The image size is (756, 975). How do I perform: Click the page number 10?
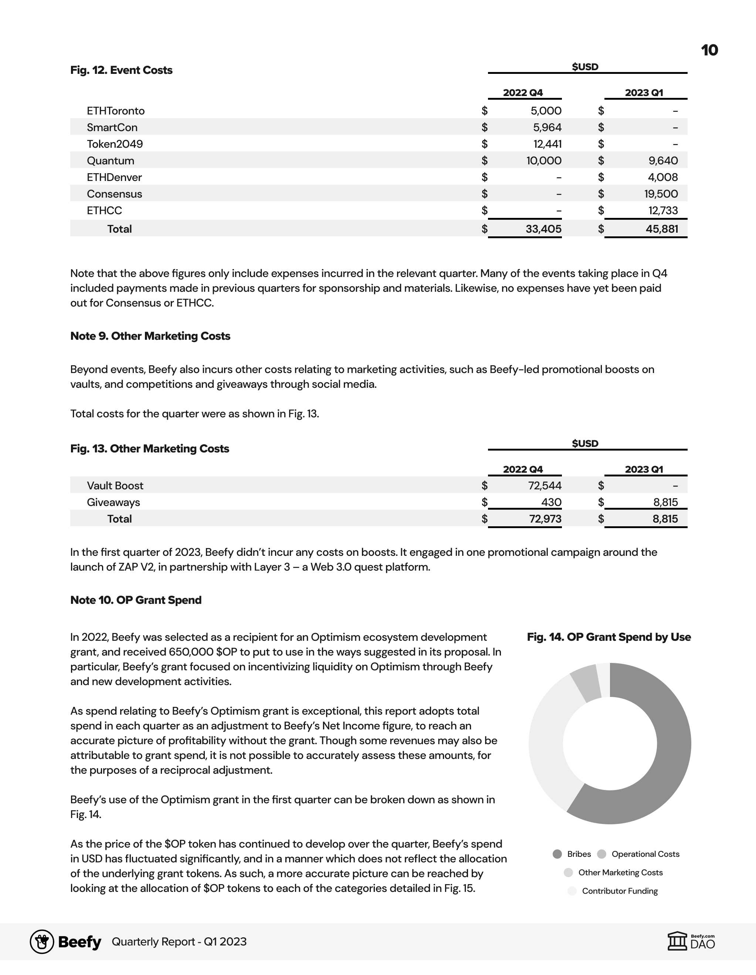(x=709, y=50)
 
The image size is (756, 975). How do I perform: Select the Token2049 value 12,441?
(x=547, y=144)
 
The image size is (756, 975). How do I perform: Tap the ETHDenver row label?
(x=114, y=177)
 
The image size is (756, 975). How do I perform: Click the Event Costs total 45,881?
(x=662, y=229)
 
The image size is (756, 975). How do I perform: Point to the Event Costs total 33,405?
(x=543, y=229)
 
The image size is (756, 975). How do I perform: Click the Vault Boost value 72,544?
(x=545, y=485)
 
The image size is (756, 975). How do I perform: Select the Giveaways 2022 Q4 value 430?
(x=551, y=502)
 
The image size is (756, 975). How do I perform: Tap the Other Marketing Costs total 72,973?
(x=545, y=519)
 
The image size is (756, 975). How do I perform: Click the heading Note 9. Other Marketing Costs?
(x=150, y=336)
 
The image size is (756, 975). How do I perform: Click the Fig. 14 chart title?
(x=608, y=637)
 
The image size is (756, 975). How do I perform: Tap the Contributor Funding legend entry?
(x=619, y=891)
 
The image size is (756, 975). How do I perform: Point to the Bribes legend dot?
(x=557, y=854)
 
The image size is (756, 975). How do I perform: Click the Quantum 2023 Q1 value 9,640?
(x=663, y=161)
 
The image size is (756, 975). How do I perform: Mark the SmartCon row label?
(x=112, y=127)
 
